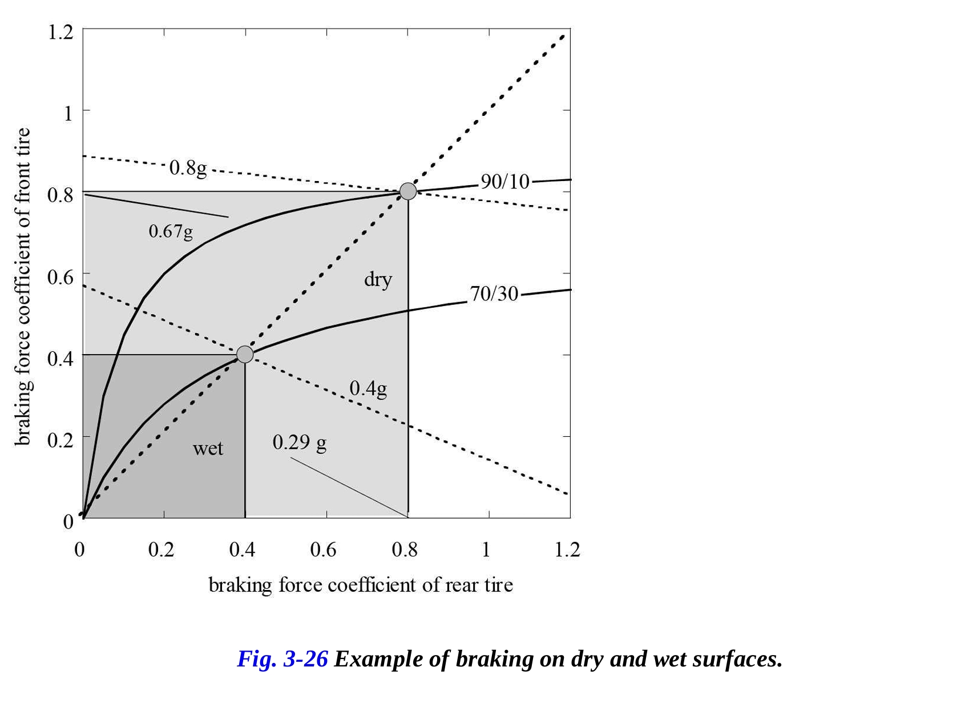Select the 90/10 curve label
coord(505,182)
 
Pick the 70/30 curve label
coord(494,294)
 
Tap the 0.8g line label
coord(188,168)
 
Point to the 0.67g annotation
coord(171,231)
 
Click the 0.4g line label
coord(368,388)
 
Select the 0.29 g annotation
coord(300,442)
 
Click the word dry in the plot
coord(378,279)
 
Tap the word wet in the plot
coord(208,448)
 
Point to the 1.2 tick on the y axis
coord(60,32)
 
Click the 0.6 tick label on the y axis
coord(60,277)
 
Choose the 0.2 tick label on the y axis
coord(60,440)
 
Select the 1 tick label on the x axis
coord(486,549)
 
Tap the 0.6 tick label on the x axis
coord(324,549)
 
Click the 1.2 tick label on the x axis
coord(567,549)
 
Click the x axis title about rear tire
coord(361,585)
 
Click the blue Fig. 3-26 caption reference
coord(282,659)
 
